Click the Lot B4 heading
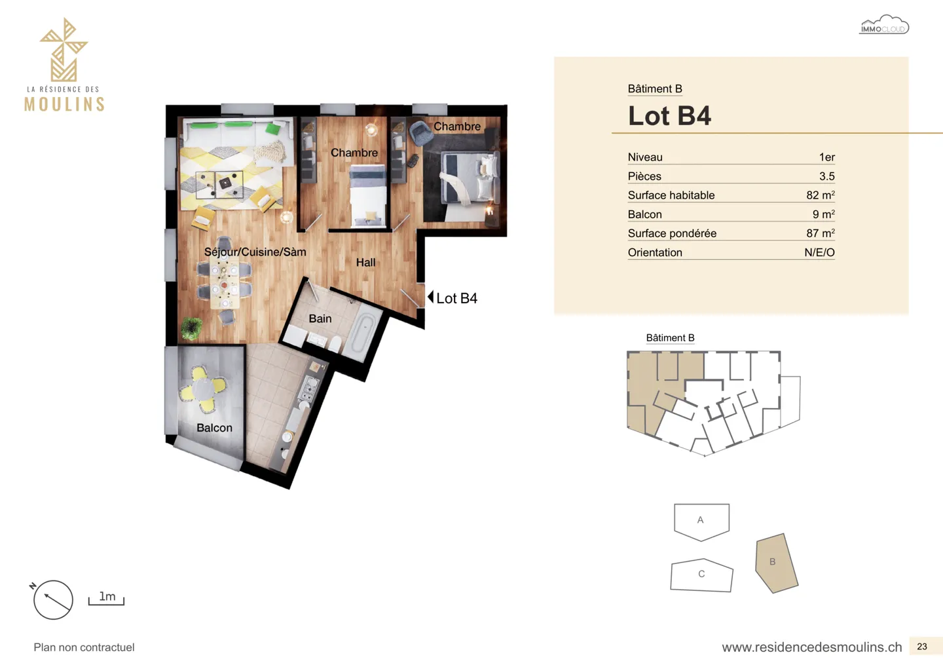669,116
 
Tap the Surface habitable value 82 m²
820,195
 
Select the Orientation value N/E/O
819,252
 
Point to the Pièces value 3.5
826,176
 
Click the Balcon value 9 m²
823,214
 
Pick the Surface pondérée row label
672,233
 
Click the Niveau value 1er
826,157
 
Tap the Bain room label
320,318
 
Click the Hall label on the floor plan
365,263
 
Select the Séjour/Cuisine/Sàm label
255,252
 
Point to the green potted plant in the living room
191,328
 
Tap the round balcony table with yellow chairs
204,389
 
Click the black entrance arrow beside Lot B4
430,297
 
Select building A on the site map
701,520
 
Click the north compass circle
53,600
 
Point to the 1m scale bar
106,599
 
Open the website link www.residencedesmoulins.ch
811,647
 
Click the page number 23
922,647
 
